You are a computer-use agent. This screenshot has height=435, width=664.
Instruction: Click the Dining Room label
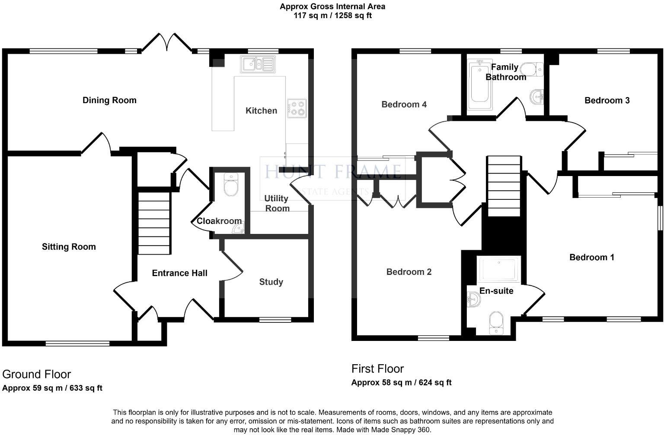click(x=109, y=100)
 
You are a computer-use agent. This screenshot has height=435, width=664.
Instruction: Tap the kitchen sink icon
click(x=258, y=64)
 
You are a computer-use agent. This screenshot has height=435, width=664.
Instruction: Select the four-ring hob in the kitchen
click(x=297, y=108)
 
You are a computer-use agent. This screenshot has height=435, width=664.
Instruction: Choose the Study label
click(x=271, y=282)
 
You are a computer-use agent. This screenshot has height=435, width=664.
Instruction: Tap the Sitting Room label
click(x=69, y=247)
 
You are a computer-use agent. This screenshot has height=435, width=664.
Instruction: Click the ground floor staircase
click(x=154, y=223)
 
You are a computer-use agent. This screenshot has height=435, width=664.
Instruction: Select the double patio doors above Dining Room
click(x=167, y=43)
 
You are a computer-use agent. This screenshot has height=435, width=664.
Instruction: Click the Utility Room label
click(x=277, y=203)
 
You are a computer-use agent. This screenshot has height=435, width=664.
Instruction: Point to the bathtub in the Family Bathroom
click(x=479, y=85)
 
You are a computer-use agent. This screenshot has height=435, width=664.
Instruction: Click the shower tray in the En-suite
click(x=499, y=270)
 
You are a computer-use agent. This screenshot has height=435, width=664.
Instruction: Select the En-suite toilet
click(x=496, y=323)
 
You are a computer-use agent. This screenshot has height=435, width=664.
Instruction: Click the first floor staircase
click(x=504, y=186)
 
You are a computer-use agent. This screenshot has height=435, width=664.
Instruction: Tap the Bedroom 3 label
click(x=607, y=101)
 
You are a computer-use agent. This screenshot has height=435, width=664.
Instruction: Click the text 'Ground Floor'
click(x=36, y=374)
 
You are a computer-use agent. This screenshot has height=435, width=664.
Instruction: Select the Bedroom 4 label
click(x=404, y=104)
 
